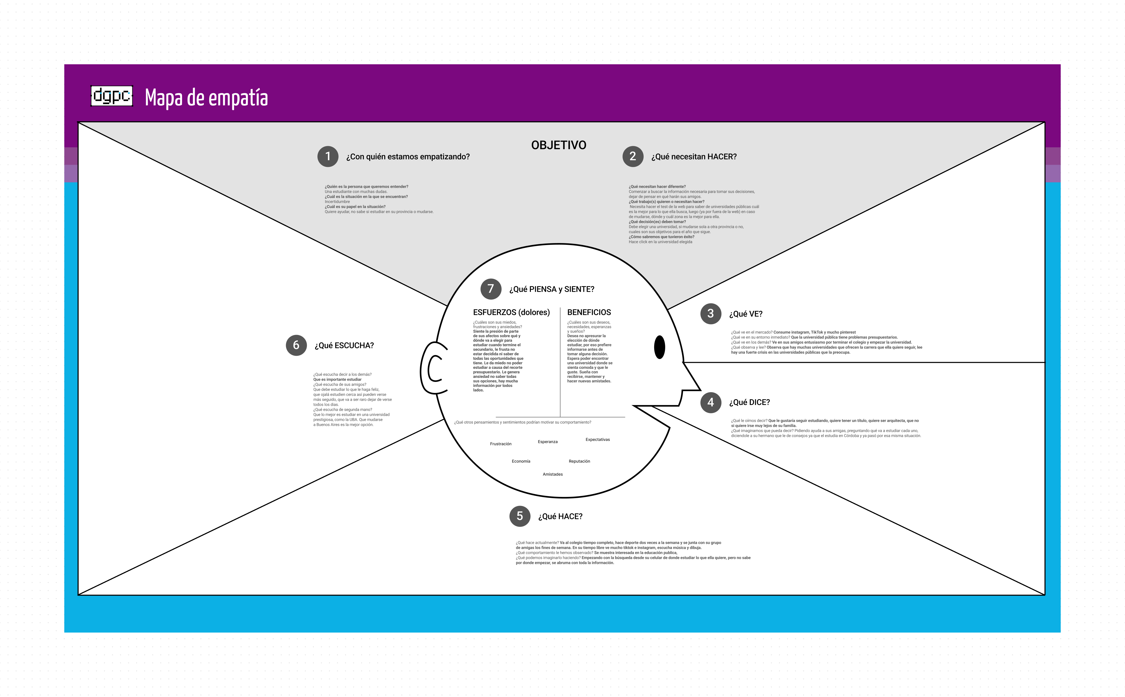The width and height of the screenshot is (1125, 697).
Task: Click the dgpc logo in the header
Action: [x=111, y=96]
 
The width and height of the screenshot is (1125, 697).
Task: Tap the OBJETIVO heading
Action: [x=558, y=145]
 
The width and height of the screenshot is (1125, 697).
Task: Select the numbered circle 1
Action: [x=328, y=156]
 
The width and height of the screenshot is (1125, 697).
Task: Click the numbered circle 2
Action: [x=633, y=156]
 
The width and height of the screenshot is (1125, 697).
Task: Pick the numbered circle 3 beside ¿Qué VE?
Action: [x=710, y=313]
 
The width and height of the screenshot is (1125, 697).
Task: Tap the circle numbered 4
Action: [x=710, y=402]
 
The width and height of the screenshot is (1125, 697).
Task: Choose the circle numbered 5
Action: [x=520, y=516]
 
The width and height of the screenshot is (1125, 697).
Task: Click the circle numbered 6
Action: [x=296, y=345]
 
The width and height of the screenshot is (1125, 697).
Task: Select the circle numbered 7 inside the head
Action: [x=491, y=289]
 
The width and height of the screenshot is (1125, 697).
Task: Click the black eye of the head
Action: [x=659, y=347]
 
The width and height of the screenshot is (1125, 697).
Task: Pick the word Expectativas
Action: [x=598, y=440]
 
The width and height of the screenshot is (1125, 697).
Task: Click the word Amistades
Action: [x=552, y=474]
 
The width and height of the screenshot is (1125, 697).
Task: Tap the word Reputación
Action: [x=579, y=461]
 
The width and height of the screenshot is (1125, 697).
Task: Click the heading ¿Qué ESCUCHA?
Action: [x=344, y=346]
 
